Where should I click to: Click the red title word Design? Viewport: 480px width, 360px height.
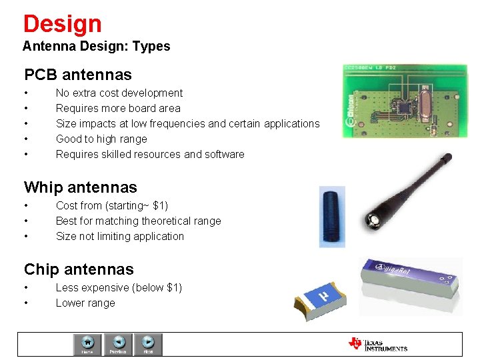(62, 24)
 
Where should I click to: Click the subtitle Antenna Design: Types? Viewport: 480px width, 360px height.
(96, 47)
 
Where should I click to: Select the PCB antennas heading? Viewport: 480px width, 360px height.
(78, 75)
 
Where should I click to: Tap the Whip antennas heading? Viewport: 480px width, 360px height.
(80, 187)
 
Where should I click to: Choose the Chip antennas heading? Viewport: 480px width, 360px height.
(79, 269)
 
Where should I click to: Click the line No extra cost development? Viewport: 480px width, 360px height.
(119, 93)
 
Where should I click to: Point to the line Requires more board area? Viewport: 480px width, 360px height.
(117, 108)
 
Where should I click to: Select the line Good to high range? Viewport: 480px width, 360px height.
(101, 139)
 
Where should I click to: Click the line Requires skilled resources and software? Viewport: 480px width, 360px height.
(150, 154)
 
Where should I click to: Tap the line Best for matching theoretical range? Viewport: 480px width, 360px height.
(138, 221)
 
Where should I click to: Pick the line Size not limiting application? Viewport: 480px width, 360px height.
(119, 236)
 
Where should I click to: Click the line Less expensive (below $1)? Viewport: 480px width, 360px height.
(119, 287)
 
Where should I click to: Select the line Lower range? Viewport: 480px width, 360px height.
(85, 303)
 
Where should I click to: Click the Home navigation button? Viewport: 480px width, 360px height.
(87, 344)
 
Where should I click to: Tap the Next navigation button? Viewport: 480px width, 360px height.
(148, 344)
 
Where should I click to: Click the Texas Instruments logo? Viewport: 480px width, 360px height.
(377, 344)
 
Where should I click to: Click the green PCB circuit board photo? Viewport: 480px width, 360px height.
(405, 101)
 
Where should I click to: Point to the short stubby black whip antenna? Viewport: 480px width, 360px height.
(332, 217)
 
